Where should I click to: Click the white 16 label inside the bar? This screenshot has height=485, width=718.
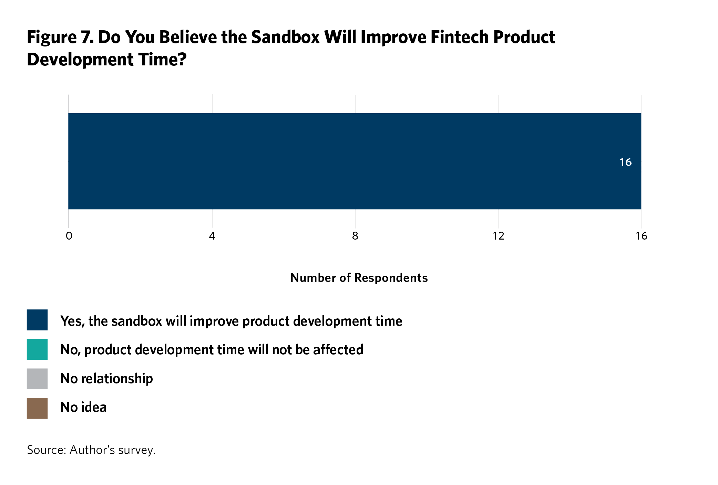click(x=625, y=162)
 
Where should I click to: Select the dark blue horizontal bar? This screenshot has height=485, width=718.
click(x=355, y=161)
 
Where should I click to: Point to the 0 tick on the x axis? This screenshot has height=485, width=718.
click(x=69, y=236)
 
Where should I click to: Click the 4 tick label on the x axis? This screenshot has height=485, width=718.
click(x=212, y=236)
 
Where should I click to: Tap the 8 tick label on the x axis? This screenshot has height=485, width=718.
click(x=355, y=236)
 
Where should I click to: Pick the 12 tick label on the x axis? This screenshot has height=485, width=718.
click(x=498, y=236)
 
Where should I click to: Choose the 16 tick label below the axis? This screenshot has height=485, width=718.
click(x=642, y=236)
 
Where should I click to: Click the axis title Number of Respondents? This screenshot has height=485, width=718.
click(x=359, y=278)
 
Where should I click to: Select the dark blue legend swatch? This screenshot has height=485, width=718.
click(x=37, y=320)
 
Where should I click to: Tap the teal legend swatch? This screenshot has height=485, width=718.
click(x=37, y=349)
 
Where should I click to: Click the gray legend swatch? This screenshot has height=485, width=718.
click(x=37, y=379)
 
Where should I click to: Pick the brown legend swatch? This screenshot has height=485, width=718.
click(x=37, y=408)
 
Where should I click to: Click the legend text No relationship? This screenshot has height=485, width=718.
click(x=106, y=379)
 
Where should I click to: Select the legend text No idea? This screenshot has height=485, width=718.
click(x=83, y=407)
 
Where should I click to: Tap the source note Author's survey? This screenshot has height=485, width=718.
click(x=112, y=450)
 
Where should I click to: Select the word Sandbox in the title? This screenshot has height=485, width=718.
click(x=285, y=37)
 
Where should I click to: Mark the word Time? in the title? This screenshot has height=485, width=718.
click(x=162, y=59)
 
